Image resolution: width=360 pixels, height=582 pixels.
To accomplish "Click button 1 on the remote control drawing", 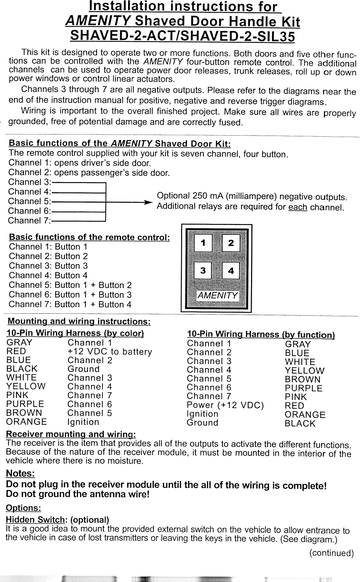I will click(x=203, y=243).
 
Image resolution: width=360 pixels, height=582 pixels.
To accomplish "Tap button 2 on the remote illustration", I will click(x=231, y=243).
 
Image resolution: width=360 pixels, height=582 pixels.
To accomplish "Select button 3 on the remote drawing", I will click(x=203, y=270).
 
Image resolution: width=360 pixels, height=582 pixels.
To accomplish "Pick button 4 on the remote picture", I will click(x=231, y=270).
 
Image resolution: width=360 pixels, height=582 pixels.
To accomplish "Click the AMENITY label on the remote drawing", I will click(x=217, y=296).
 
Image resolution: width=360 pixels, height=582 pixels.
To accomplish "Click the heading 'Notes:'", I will click(x=20, y=473).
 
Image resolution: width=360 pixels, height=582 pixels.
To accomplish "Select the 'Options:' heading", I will click(x=23, y=508).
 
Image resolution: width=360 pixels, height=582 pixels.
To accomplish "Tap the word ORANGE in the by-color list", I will click(x=27, y=422).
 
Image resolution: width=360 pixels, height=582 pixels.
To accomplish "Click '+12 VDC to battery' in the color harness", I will click(x=110, y=352).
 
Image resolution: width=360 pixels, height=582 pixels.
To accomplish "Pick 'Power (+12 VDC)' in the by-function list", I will click(x=225, y=405).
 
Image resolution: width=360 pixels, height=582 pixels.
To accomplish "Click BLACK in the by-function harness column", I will click(x=300, y=424).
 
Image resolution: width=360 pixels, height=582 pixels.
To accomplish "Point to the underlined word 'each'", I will click(x=298, y=207).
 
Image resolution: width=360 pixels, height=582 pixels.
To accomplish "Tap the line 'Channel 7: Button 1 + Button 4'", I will click(x=70, y=304).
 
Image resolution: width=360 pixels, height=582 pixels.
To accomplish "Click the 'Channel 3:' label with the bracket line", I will click(x=30, y=182).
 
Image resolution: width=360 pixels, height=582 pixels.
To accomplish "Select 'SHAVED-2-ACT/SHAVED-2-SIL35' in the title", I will click(x=182, y=36).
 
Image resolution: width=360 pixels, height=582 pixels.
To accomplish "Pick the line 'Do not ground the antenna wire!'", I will click(x=78, y=494).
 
